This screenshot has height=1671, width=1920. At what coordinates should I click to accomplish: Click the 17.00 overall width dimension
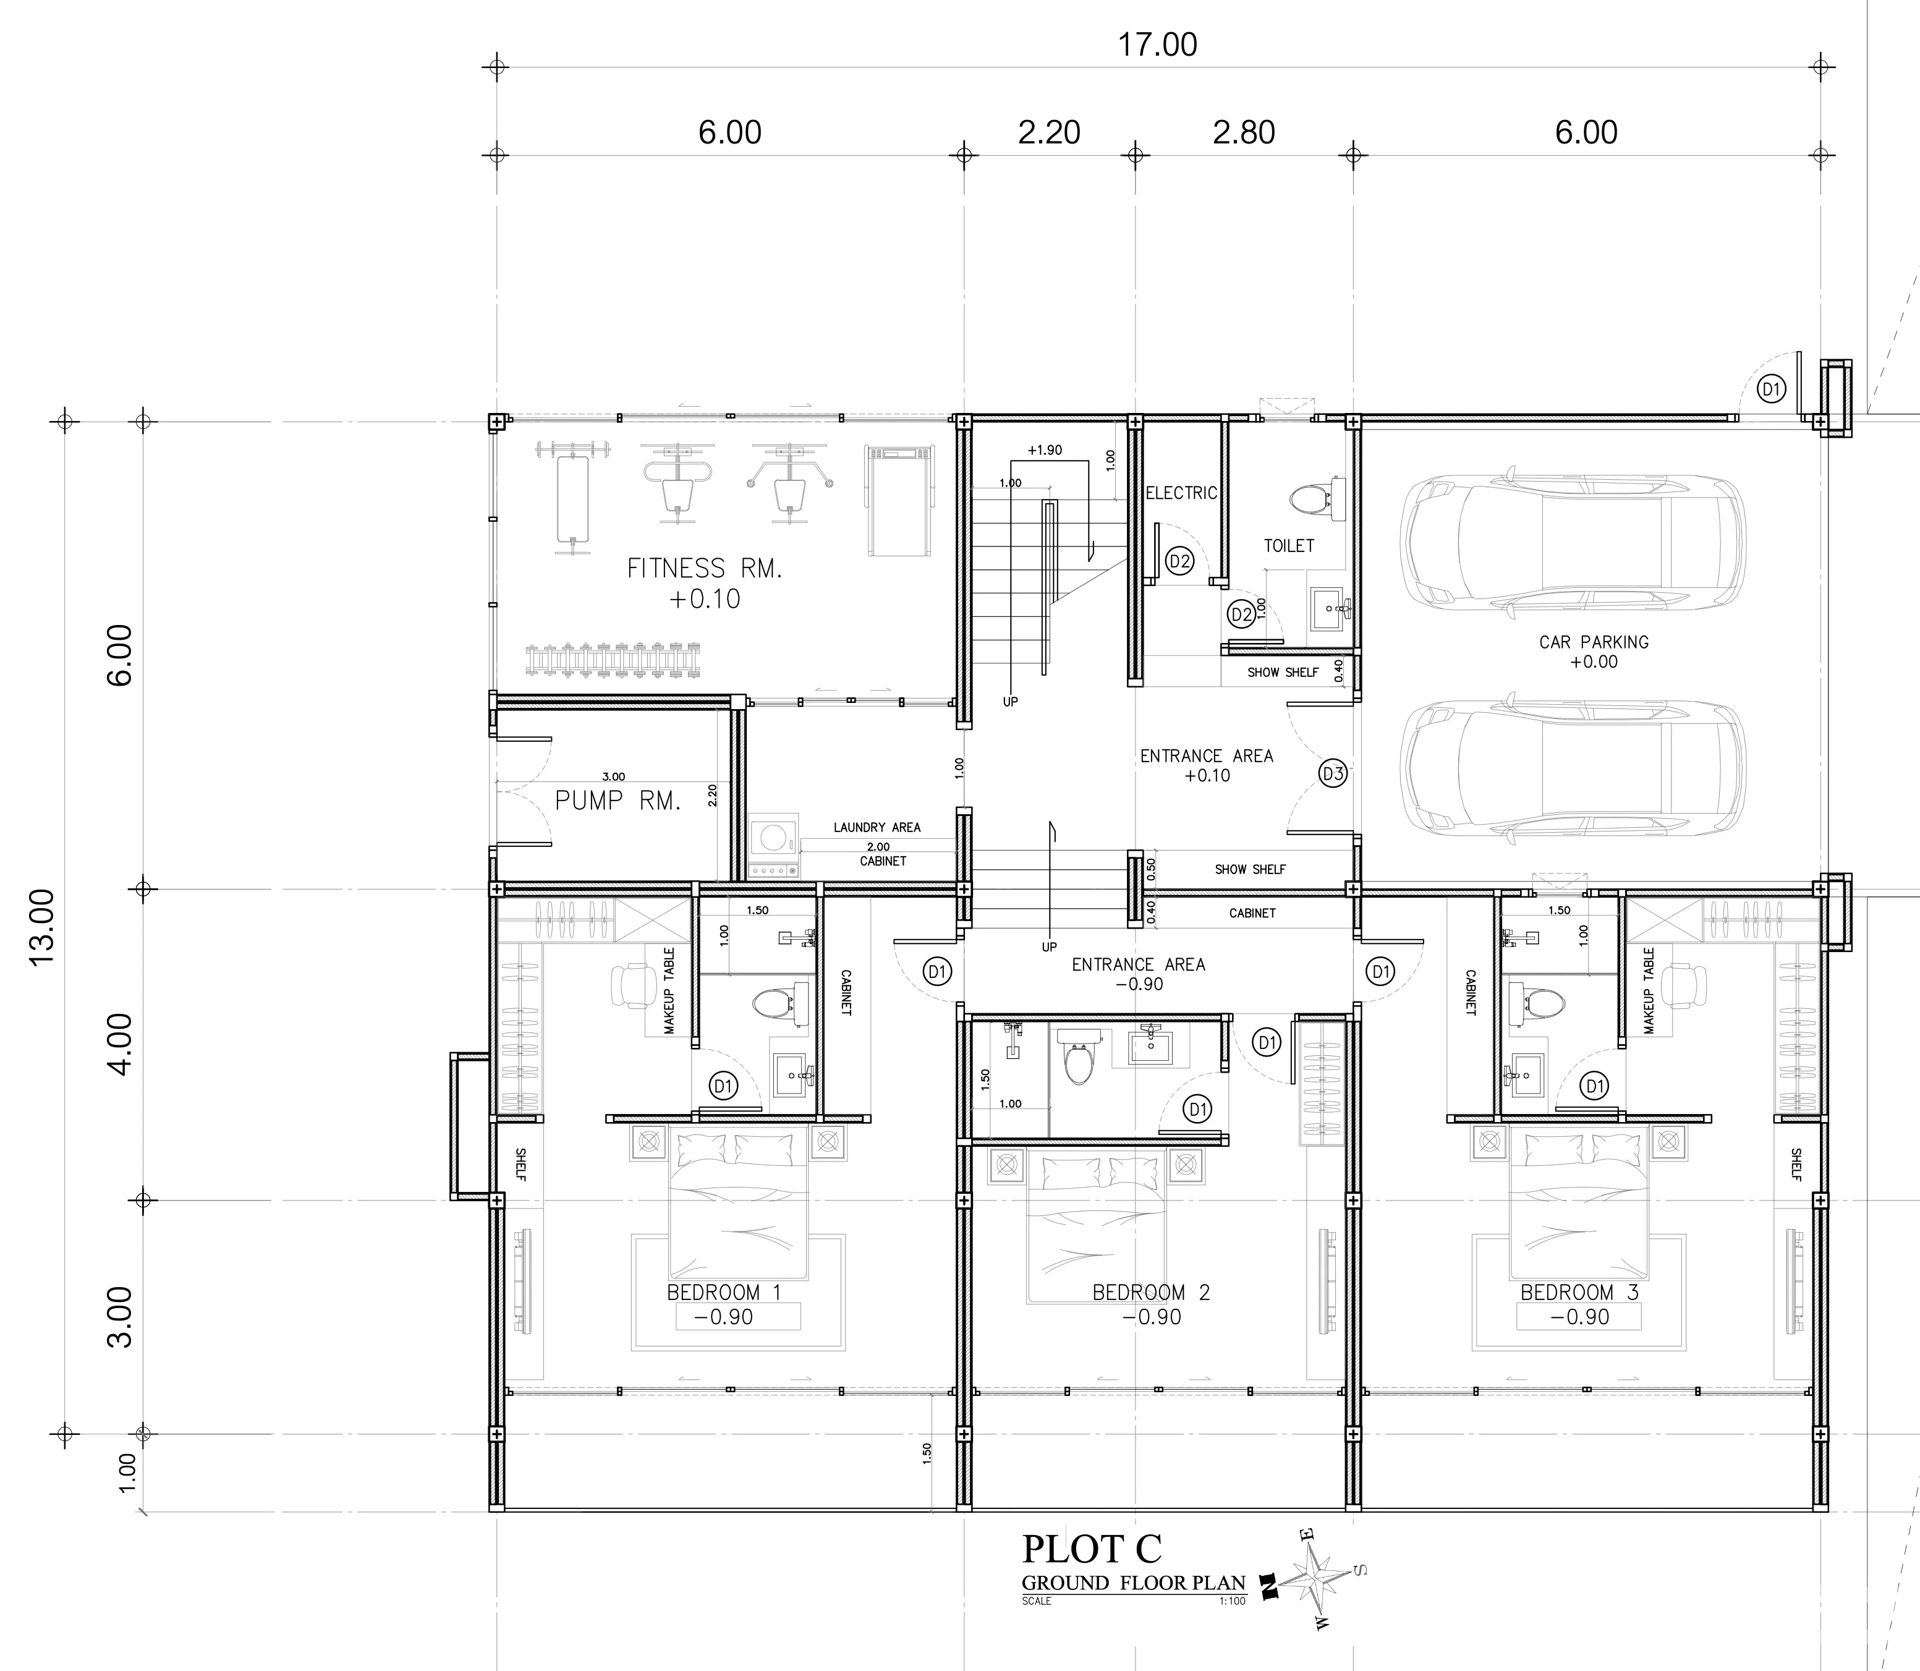pyautogui.click(x=1157, y=45)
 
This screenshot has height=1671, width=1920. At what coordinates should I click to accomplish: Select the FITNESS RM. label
pyautogui.click(x=704, y=568)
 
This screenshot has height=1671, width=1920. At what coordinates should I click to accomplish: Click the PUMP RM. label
pyautogui.click(x=618, y=800)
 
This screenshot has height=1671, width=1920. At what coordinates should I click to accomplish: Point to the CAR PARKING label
pyautogui.click(x=1594, y=642)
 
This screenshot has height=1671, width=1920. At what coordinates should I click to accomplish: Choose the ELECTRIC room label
pyautogui.click(x=1181, y=492)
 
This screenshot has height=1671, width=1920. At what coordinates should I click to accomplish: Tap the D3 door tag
pyautogui.click(x=1333, y=773)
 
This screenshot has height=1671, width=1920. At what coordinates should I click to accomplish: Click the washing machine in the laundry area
pyautogui.click(x=774, y=845)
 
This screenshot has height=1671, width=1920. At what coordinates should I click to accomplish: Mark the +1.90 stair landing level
pyautogui.click(x=1045, y=449)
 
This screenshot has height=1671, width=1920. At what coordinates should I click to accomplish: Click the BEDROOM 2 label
pyautogui.click(x=1150, y=1293)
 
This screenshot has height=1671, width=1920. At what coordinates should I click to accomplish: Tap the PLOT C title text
pyautogui.click(x=1092, y=1548)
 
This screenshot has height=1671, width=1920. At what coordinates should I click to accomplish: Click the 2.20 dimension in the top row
pyautogui.click(x=1049, y=132)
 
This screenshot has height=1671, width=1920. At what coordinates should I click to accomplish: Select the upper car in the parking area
pyautogui.click(x=1574, y=541)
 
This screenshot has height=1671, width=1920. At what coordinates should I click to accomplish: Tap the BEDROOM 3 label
pyautogui.click(x=1579, y=1293)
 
